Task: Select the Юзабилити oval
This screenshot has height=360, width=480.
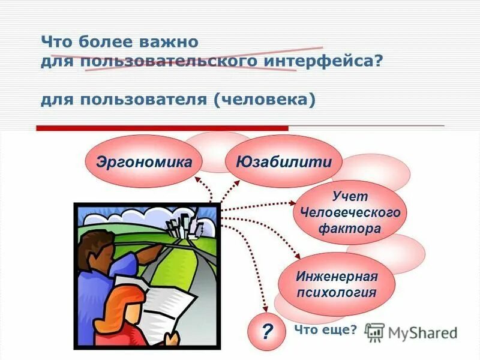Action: [x=283, y=161]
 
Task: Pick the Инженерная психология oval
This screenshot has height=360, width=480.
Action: [x=336, y=284]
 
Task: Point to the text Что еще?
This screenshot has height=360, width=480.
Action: [x=325, y=329]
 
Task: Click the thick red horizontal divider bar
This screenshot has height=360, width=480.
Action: [x=162, y=128]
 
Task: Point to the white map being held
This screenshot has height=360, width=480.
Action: [x=168, y=306]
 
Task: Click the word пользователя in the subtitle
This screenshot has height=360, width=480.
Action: [x=141, y=99]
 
